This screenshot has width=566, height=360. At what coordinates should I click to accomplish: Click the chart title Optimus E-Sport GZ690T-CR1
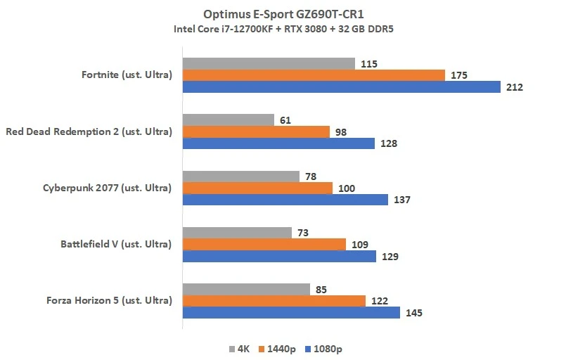pyautogui.click(x=283, y=14)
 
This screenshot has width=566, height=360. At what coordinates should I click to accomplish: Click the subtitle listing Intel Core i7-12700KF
pyautogui.click(x=283, y=29)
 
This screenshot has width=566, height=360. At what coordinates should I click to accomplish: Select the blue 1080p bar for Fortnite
pyautogui.click(x=342, y=87)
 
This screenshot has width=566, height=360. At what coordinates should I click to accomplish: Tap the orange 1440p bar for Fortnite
pyautogui.click(x=314, y=75)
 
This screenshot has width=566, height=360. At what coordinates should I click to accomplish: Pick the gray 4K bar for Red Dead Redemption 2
pyautogui.click(x=229, y=120)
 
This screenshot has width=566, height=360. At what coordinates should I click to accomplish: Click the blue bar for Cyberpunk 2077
pyautogui.click(x=285, y=200)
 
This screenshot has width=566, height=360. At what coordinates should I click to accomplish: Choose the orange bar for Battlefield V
pyautogui.click(x=264, y=244)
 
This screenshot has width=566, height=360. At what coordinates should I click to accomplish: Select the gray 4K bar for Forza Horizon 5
pyautogui.click(x=246, y=289)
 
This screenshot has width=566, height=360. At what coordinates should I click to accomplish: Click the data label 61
pyautogui.click(x=285, y=120)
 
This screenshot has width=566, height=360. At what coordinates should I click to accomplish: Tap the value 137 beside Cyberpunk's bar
pyautogui.click(x=401, y=200)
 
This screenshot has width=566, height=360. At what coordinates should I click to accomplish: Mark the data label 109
pyautogui.click(x=359, y=244)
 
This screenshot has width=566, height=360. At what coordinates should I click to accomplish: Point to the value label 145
pyautogui.click(x=413, y=312)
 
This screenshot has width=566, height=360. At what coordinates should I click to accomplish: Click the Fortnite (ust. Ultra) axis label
pyautogui.click(x=127, y=75)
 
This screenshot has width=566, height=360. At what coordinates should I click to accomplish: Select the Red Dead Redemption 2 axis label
pyautogui.click(x=89, y=131)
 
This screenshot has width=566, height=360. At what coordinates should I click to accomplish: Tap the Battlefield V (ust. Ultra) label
pyautogui.click(x=116, y=244)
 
